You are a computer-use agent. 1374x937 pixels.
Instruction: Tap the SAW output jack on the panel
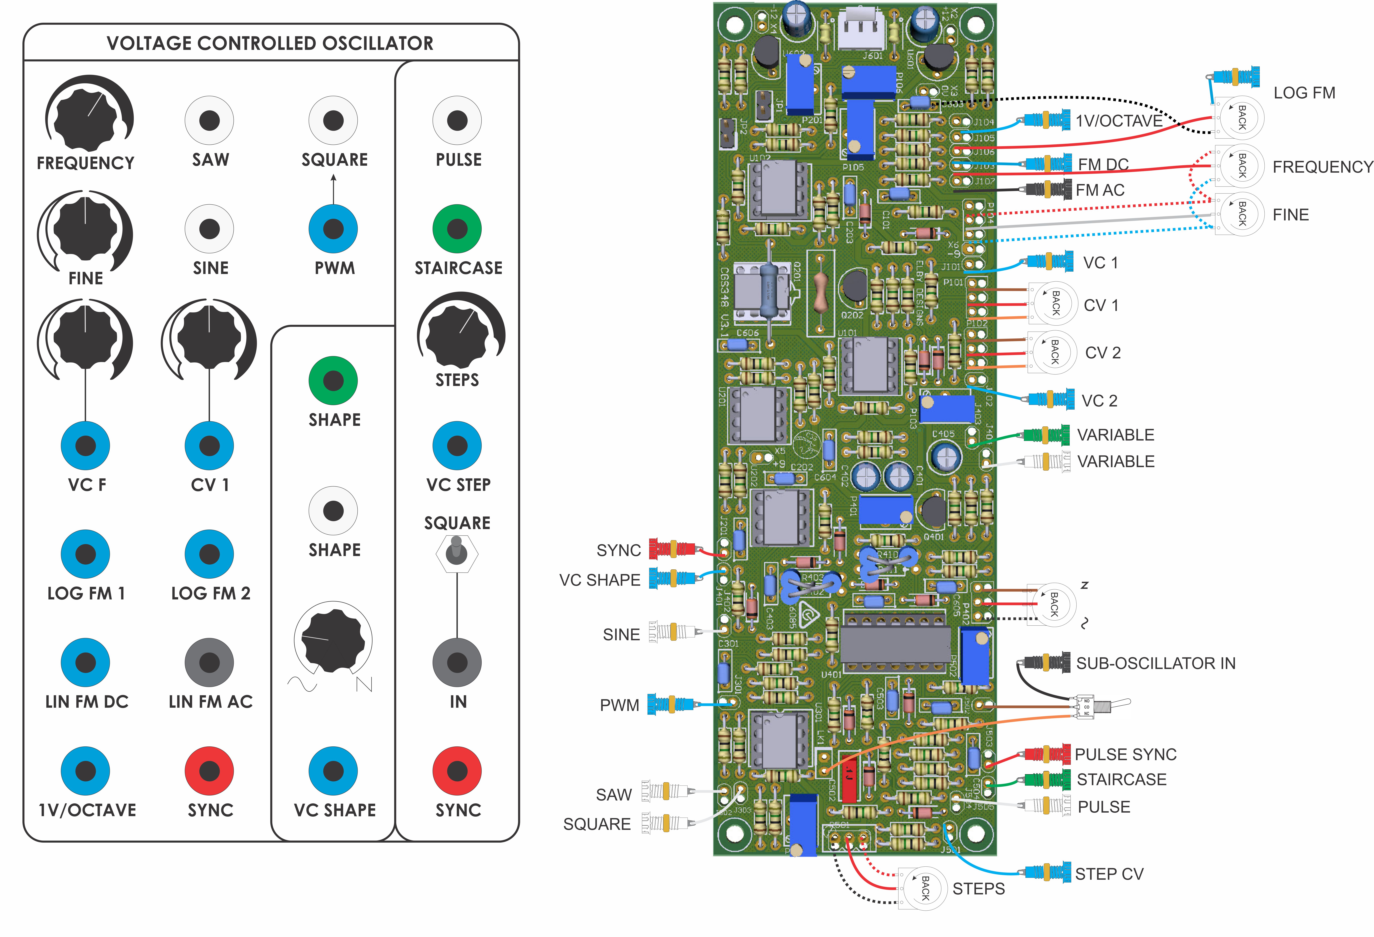click(x=209, y=121)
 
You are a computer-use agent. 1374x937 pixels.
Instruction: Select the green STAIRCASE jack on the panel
click(x=457, y=229)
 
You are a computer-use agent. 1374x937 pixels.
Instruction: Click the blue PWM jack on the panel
click(x=333, y=229)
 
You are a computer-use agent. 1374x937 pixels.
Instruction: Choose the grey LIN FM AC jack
click(x=209, y=663)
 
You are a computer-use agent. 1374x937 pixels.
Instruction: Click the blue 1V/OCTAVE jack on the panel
click(x=86, y=771)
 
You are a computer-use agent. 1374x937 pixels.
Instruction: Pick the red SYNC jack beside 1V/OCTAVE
click(x=209, y=771)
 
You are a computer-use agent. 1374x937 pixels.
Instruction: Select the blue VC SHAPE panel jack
click(x=333, y=771)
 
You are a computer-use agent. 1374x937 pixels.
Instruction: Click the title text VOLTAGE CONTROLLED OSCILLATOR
click(x=270, y=43)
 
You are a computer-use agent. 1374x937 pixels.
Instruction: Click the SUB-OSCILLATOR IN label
click(x=1155, y=663)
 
